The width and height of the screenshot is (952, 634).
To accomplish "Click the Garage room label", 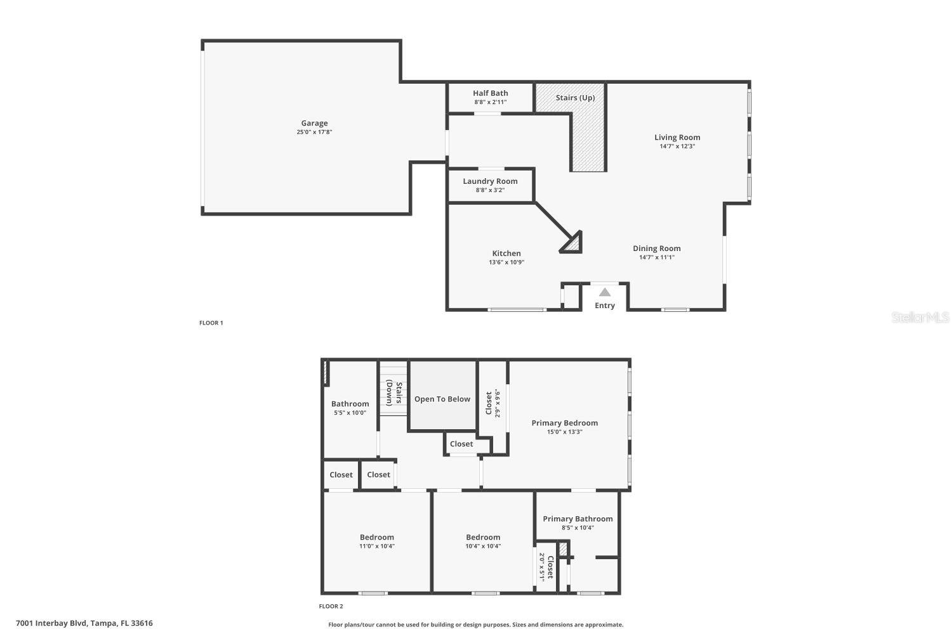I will pyautogui.click(x=314, y=123).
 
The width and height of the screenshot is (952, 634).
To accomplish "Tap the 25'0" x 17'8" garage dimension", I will pyautogui.click(x=314, y=133).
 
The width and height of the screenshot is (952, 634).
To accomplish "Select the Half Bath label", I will pyautogui.click(x=490, y=93).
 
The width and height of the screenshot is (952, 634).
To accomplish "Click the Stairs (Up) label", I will pyautogui.click(x=575, y=98).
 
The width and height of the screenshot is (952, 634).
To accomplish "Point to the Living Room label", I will pyautogui.click(x=677, y=137).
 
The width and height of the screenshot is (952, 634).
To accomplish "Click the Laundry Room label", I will pyautogui.click(x=490, y=181).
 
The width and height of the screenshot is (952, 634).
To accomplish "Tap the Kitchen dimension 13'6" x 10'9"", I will pyautogui.click(x=506, y=262).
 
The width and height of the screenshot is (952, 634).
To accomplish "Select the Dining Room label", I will pyautogui.click(x=656, y=249).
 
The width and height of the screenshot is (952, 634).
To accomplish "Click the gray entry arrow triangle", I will pyautogui.click(x=605, y=292).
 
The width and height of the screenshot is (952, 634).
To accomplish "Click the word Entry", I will pyautogui.click(x=605, y=306).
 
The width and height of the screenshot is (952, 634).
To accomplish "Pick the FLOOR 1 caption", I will pyautogui.click(x=211, y=323).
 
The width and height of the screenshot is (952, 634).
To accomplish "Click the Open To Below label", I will pyautogui.click(x=442, y=399).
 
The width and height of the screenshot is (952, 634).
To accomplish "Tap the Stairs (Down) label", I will pyautogui.click(x=394, y=394).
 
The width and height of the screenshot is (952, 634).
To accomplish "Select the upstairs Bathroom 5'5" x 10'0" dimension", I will pyautogui.click(x=350, y=413).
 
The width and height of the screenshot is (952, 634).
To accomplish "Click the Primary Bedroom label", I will pyautogui.click(x=564, y=423).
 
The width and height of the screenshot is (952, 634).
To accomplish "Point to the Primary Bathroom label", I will pyautogui.click(x=578, y=519).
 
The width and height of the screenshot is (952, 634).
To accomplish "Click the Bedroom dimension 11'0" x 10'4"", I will pyautogui.click(x=377, y=547).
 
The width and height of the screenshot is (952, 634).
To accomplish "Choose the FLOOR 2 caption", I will pyautogui.click(x=331, y=607).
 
